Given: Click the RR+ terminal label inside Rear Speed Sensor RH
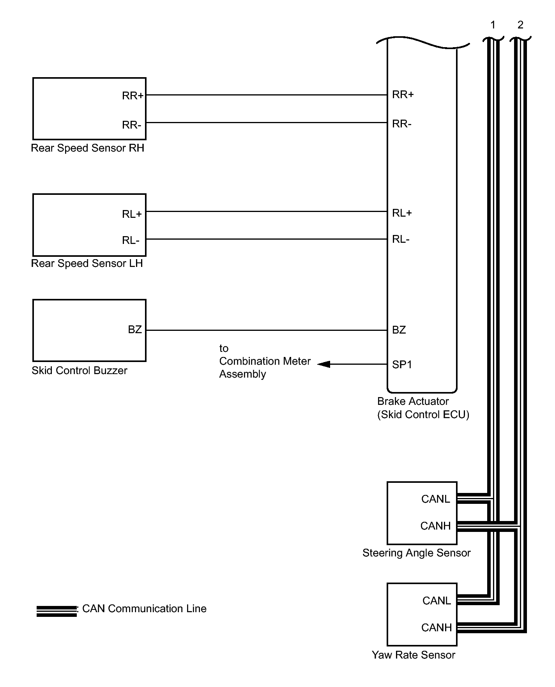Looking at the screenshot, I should [x=133, y=95].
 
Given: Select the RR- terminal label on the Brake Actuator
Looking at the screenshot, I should [x=402, y=124].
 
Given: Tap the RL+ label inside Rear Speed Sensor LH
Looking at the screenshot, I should [x=132, y=214].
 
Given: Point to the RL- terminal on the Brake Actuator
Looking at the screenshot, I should [x=401, y=239].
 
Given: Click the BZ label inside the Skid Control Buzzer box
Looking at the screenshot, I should [x=135, y=330].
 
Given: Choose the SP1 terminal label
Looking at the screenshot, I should [x=402, y=365].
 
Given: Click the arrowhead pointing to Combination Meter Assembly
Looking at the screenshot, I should [x=324, y=364].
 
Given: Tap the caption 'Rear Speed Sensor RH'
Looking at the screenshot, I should [x=87, y=148].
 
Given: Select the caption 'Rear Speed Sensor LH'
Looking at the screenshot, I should [x=87, y=263].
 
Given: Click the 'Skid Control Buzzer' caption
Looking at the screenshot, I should [x=79, y=370].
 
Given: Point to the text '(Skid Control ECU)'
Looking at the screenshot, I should [x=423, y=415].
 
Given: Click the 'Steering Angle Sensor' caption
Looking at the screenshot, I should [x=416, y=553].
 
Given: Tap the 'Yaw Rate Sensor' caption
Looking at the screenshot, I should [x=413, y=655].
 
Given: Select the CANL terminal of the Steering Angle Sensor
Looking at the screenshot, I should [x=435, y=499].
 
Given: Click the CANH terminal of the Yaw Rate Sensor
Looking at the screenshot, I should [x=436, y=628].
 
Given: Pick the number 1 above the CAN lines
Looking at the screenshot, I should [x=493, y=25].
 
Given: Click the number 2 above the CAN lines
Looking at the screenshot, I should [x=520, y=25].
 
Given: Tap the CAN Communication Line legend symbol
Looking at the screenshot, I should [x=57, y=611].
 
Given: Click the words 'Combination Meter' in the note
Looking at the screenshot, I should [x=265, y=361].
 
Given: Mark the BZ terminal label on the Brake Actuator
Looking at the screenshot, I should [x=399, y=330].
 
